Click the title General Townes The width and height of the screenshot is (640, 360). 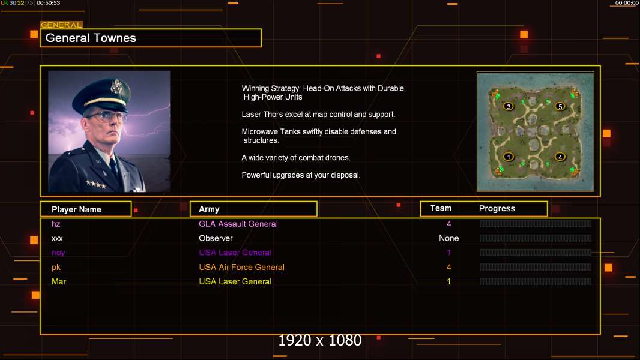(91, 38)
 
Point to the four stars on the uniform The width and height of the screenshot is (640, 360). (95, 184)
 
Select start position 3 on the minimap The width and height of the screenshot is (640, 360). (508, 106)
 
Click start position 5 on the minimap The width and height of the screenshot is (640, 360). (560, 106)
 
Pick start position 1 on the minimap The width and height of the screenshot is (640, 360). (508, 157)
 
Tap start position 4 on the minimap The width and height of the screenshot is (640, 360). (560, 157)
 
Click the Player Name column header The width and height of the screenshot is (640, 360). (76, 209)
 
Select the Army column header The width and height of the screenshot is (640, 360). (209, 209)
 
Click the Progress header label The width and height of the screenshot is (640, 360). (497, 209)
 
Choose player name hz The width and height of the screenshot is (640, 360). (56, 224)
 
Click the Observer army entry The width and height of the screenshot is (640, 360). (216, 238)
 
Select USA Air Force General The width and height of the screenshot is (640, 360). (241, 267)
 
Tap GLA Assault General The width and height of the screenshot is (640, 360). (238, 224)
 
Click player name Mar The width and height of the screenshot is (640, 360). (59, 281)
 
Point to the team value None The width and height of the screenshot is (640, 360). (448, 238)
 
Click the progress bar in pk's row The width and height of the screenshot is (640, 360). (536, 267)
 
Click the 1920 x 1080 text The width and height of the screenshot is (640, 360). (319, 340)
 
